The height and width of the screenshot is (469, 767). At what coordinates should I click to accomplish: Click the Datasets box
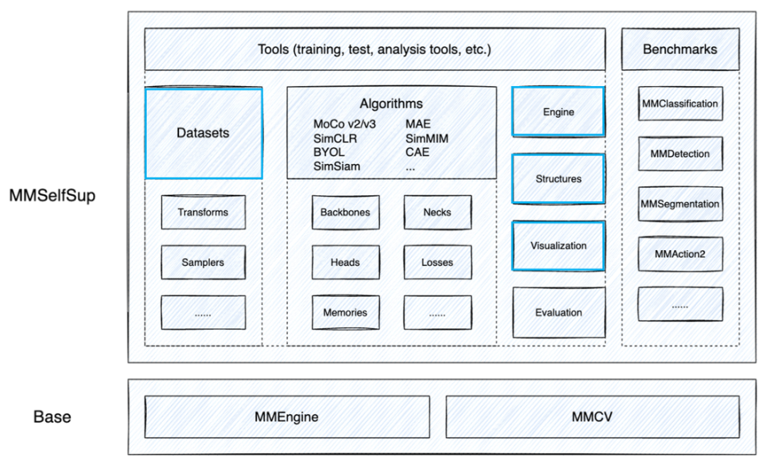(x=203, y=133)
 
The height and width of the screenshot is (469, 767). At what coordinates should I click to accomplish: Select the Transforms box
(x=203, y=212)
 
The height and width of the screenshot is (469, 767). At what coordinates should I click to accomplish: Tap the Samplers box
(x=203, y=262)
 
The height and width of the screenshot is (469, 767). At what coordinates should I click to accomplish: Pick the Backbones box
(x=345, y=212)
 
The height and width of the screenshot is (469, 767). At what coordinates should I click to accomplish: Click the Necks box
(x=437, y=212)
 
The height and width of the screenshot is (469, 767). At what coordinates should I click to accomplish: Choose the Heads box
(x=345, y=262)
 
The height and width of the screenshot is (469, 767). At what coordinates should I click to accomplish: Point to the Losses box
(x=437, y=262)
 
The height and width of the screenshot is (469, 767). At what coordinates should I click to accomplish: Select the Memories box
(x=345, y=312)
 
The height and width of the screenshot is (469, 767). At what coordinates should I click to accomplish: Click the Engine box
(x=558, y=112)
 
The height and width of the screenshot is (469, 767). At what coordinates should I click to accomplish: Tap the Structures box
(x=558, y=179)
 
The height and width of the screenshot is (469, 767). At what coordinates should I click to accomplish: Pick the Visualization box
(x=558, y=246)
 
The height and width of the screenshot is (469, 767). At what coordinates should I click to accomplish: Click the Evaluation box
(x=558, y=313)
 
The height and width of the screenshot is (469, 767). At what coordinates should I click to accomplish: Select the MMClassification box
(x=680, y=104)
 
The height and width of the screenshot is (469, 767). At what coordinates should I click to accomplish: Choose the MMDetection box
(x=680, y=153)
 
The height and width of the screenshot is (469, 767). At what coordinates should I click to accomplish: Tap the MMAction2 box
(x=680, y=254)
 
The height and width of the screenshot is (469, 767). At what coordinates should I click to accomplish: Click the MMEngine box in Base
(x=288, y=416)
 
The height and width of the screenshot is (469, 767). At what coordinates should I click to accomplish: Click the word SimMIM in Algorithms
(x=427, y=139)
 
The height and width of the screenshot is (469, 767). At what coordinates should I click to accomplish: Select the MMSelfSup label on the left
(x=53, y=195)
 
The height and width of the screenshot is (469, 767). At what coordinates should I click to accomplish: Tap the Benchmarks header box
(x=680, y=49)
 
